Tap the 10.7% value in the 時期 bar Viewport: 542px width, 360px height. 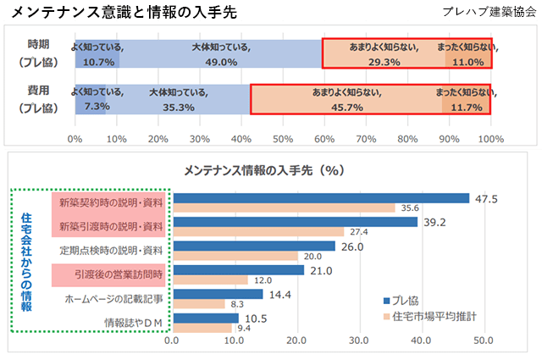pyautogui.click(x=98, y=62)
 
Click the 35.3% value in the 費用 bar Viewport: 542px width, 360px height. pyautogui.click(x=178, y=107)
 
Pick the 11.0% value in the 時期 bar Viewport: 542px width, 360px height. pyautogui.click(x=467, y=62)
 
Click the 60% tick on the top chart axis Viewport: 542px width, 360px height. pyautogui.click(x=325, y=138)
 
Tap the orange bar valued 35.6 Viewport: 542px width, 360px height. pyautogui.click(x=284, y=208)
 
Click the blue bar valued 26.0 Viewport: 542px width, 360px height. pyautogui.click(x=253, y=246)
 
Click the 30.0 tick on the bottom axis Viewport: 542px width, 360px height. pyautogui.click(x=358, y=341)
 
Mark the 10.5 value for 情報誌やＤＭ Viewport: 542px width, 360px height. pyautogui.click(x=256, y=318)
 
